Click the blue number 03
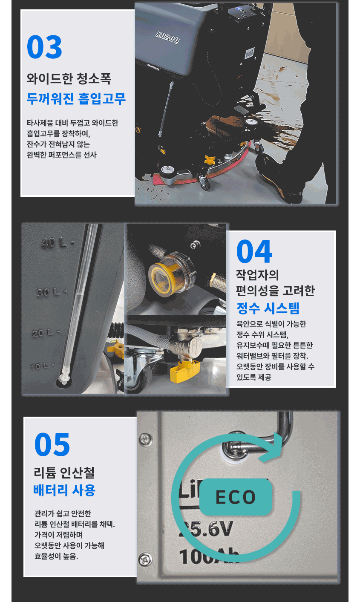[x=44, y=47]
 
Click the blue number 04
[x=254, y=251]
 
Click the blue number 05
[x=52, y=444]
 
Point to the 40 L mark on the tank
[x=57, y=243]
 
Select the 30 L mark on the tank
[x=52, y=292]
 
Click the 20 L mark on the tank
[x=46, y=333]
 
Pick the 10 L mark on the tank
[x=42, y=366]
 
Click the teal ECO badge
[x=235, y=497]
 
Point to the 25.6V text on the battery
[x=206, y=529]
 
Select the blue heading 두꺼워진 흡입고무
[x=76, y=99]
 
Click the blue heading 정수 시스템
[x=268, y=308]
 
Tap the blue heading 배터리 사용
[x=64, y=490]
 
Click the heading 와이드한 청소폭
[x=69, y=78]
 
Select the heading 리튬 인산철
[x=64, y=473]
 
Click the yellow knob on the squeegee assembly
[x=210, y=160]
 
